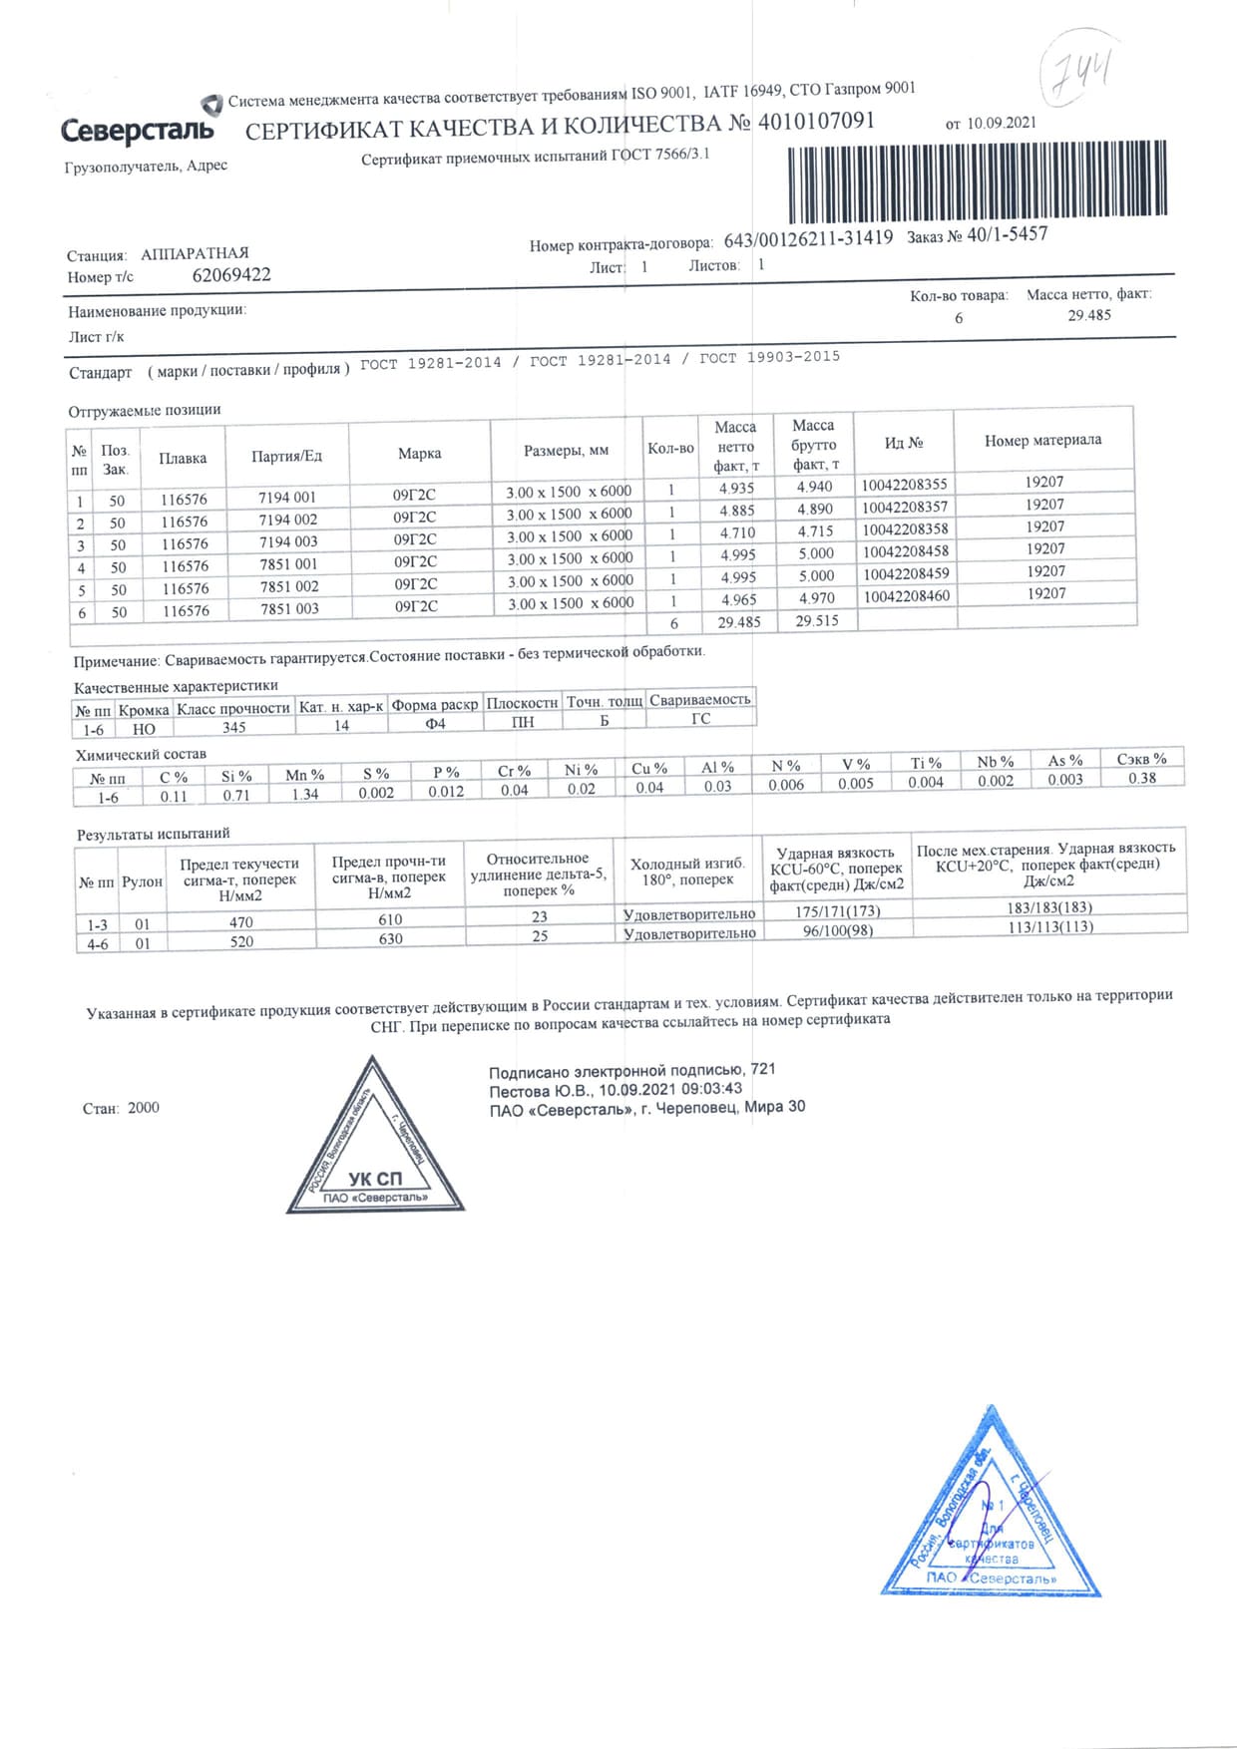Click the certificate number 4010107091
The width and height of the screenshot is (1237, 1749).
tap(816, 122)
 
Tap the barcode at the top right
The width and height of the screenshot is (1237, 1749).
tap(977, 180)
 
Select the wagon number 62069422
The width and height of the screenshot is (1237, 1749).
tap(230, 275)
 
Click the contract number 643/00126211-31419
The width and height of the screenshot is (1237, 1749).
tap(808, 239)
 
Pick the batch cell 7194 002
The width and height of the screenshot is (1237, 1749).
tap(287, 520)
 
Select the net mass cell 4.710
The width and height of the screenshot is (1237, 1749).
tap(737, 532)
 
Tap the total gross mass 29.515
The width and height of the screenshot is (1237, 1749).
tap(816, 620)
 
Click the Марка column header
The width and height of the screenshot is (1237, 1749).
tap(419, 454)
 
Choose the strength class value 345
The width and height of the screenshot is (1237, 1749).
tap(233, 727)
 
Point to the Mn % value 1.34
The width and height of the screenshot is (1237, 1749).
tap(304, 794)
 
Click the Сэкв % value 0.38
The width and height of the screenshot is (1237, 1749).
tap(1141, 778)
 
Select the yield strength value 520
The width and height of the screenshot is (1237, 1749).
tap(241, 941)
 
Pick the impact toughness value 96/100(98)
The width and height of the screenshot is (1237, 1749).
tap(837, 930)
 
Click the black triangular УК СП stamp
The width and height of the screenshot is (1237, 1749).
tap(374, 1147)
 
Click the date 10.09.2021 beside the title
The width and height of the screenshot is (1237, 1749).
tap(1001, 123)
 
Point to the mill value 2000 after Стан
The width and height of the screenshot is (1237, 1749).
tap(144, 1108)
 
